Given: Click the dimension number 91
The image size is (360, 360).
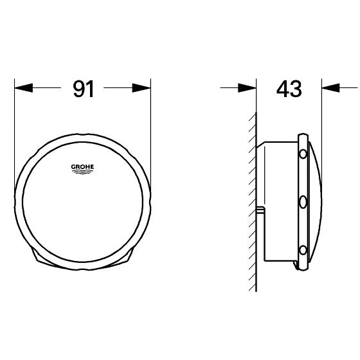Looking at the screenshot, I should pyautogui.click(x=83, y=89).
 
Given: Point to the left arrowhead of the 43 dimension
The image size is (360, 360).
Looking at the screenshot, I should pyautogui.click(x=249, y=89).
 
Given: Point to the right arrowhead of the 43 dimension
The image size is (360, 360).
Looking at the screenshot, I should pyautogui.click(x=328, y=89).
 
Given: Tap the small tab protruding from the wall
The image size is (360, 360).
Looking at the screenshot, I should pyautogui.click(x=260, y=210).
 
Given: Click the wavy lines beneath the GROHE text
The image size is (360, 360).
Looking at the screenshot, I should pyautogui.click(x=82, y=172).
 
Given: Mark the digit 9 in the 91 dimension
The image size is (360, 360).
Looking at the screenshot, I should pyautogui.click(x=76, y=89).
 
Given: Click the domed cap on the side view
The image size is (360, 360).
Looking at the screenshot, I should pyautogui.click(x=316, y=203).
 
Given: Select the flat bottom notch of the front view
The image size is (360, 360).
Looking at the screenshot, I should pyautogui.click(x=82, y=265).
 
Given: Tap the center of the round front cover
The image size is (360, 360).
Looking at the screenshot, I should pyautogui.click(x=82, y=199).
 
